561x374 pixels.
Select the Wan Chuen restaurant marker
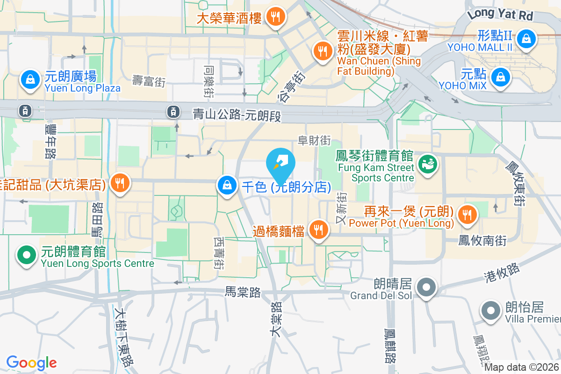pyautogui.click(x=322, y=51)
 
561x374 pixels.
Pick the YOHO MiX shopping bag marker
pyautogui.click(x=501, y=76)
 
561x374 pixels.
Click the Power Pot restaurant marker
pyautogui.click(x=466, y=215)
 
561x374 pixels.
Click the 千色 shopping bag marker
pyautogui.click(x=227, y=186)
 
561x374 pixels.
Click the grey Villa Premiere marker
pyautogui.click(x=490, y=310)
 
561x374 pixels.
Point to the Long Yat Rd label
pyautogui.click(x=500, y=14)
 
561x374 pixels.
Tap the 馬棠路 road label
pyautogui.click(x=243, y=292)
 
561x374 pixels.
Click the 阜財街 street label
pyautogui.click(x=315, y=140)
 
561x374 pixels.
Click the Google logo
pyautogui.click(x=32, y=363)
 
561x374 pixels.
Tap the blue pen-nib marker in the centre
pyautogui.click(x=280, y=163)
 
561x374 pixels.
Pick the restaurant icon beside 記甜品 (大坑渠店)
pyautogui.click(x=120, y=183)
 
